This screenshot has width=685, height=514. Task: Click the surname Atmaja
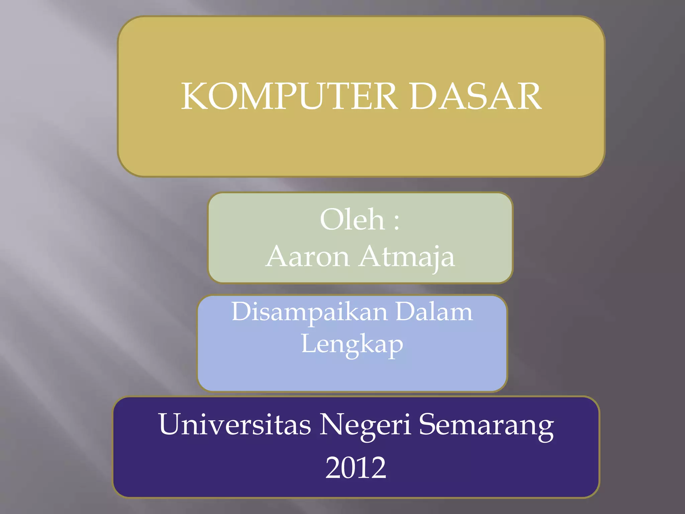pyautogui.click(x=406, y=257)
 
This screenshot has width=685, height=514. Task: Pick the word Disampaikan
pyautogui.click(x=310, y=312)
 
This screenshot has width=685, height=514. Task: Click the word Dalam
pyautogui.click(x=434, y=312)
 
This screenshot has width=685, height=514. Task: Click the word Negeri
pyautogui.click(x=365, y=425)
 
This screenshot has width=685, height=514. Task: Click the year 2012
pyautogui.click(x=356, y=467)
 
